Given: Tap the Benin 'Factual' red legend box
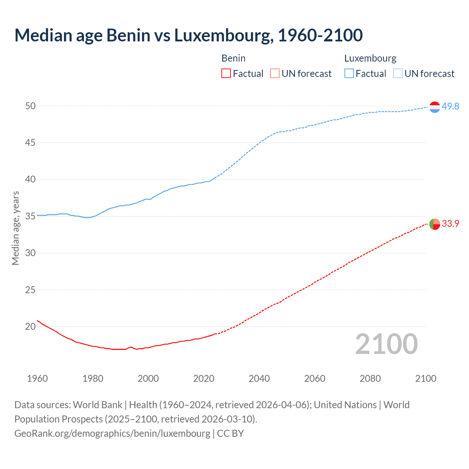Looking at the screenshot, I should coord(226,74).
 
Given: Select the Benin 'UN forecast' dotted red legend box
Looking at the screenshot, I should coord(275,74).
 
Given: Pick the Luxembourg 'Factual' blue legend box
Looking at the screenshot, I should coord(349,74).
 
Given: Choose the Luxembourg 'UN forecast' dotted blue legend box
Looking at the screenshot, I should coord(398,74).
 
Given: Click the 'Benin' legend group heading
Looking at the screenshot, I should coord(233,58).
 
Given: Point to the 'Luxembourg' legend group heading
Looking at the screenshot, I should coord(370,58).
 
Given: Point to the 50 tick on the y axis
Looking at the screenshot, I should coord(30,106).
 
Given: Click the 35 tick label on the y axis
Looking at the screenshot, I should coord(30,216).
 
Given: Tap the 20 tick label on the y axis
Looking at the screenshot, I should coord(30,326).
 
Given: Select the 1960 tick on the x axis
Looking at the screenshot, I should coord(37,378).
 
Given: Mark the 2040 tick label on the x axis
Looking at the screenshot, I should coord(259,378).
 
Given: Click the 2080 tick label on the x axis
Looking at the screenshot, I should coord(370,378).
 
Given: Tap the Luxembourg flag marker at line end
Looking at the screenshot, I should coord(435,107).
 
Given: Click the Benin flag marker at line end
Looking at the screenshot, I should coord(435,224).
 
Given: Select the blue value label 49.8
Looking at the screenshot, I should coord(450,106).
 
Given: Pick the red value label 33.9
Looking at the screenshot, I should coord(450,224).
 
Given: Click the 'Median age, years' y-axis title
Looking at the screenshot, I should coord(15,228).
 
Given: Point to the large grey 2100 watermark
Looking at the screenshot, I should coord(386,344).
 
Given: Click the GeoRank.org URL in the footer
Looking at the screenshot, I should coord(112,433).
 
